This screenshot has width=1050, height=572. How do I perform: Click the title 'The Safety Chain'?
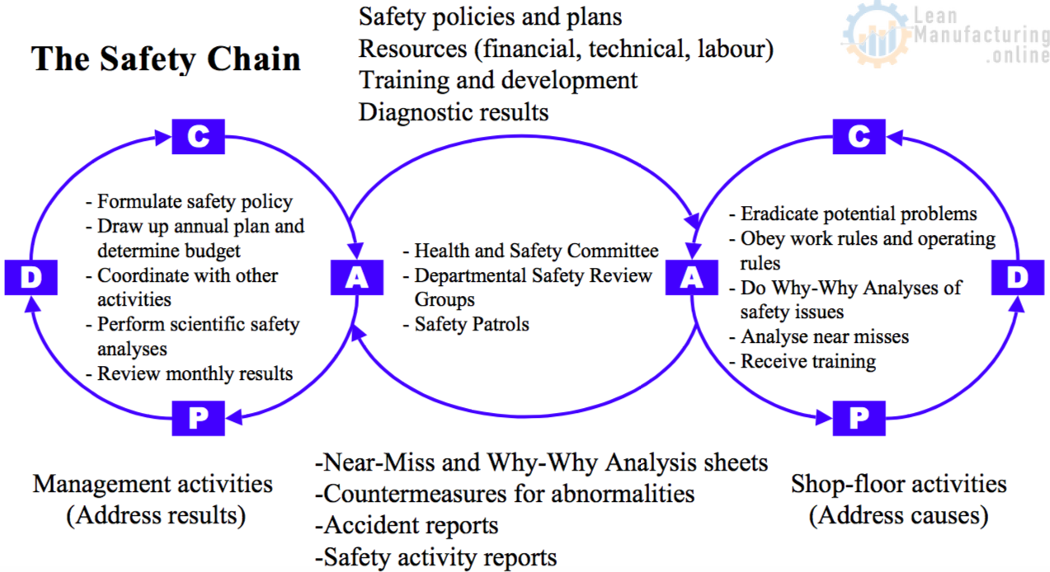[166, 59]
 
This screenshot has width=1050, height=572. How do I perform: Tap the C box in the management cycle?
[198, 137]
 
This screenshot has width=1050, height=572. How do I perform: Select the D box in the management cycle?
[31, 278]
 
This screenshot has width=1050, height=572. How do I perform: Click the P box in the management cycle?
[198, 419]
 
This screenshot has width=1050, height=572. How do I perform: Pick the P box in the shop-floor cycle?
[859, 419]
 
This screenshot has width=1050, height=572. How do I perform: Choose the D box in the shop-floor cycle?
[1019, 278]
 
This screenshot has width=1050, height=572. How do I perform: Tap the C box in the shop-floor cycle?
[859, 137]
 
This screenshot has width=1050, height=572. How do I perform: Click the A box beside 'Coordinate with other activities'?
[356, 278]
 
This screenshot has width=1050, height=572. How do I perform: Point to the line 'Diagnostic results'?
[454, 111]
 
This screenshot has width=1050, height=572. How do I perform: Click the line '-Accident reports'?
[407, 525]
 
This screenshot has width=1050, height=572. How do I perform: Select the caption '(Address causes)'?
[898, 516]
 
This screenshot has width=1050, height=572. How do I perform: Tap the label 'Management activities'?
[153, 483]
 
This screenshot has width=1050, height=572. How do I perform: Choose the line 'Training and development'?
[498, 80]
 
